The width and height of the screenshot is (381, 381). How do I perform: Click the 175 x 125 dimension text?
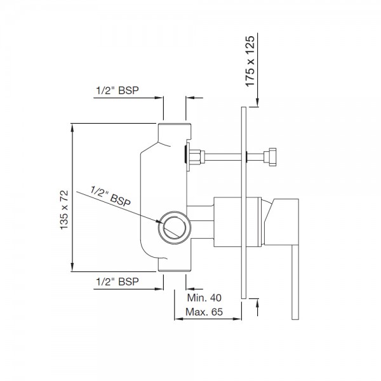pos(250,61)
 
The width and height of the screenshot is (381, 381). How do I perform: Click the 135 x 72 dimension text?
pos(64,210)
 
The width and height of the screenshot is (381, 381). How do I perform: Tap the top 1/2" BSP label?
pos(117,90)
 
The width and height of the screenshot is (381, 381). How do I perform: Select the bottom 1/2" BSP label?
pos(117,282)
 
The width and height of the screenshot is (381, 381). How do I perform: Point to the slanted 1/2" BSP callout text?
pos(110,196)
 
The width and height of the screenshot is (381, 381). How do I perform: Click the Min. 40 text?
pos(204,298)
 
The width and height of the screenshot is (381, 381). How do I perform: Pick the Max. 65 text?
pos(204,312)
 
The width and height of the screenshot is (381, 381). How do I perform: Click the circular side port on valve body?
pos(175,228)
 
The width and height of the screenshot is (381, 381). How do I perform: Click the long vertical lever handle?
pos(295,283)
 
